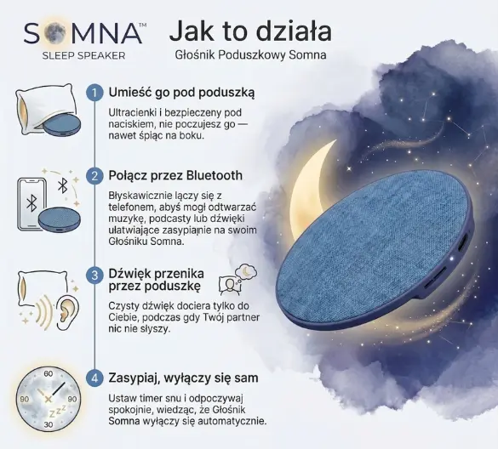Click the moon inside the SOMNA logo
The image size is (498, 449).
click(x=54, y=32)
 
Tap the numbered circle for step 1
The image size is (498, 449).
click(x=94, y=93)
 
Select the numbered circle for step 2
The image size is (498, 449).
click(x=94, y=175)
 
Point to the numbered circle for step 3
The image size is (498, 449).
click(x=94, y=275)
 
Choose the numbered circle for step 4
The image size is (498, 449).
click(x=94, y=378)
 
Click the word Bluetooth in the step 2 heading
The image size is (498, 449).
click(x=215, y=175)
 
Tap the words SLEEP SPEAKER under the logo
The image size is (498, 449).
click(x=83, y=55)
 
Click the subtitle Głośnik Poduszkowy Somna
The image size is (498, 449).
click(x=250, y=55)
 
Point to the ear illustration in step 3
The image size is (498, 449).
click(x=67, y=313)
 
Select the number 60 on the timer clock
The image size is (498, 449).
click(x=49, y=374)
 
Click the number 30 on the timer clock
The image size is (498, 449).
click(x=49, y=424)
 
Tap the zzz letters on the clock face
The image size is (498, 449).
click(x=58, y=411)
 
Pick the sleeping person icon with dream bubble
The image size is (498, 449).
click(x=238, y=279)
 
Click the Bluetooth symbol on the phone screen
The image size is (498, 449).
click(x=31, y=203)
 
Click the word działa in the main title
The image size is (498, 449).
click(x=294, y=31)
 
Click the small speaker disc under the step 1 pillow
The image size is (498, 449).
click(x=61, y=125)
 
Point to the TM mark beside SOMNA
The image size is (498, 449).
click(x=143, y=25)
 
